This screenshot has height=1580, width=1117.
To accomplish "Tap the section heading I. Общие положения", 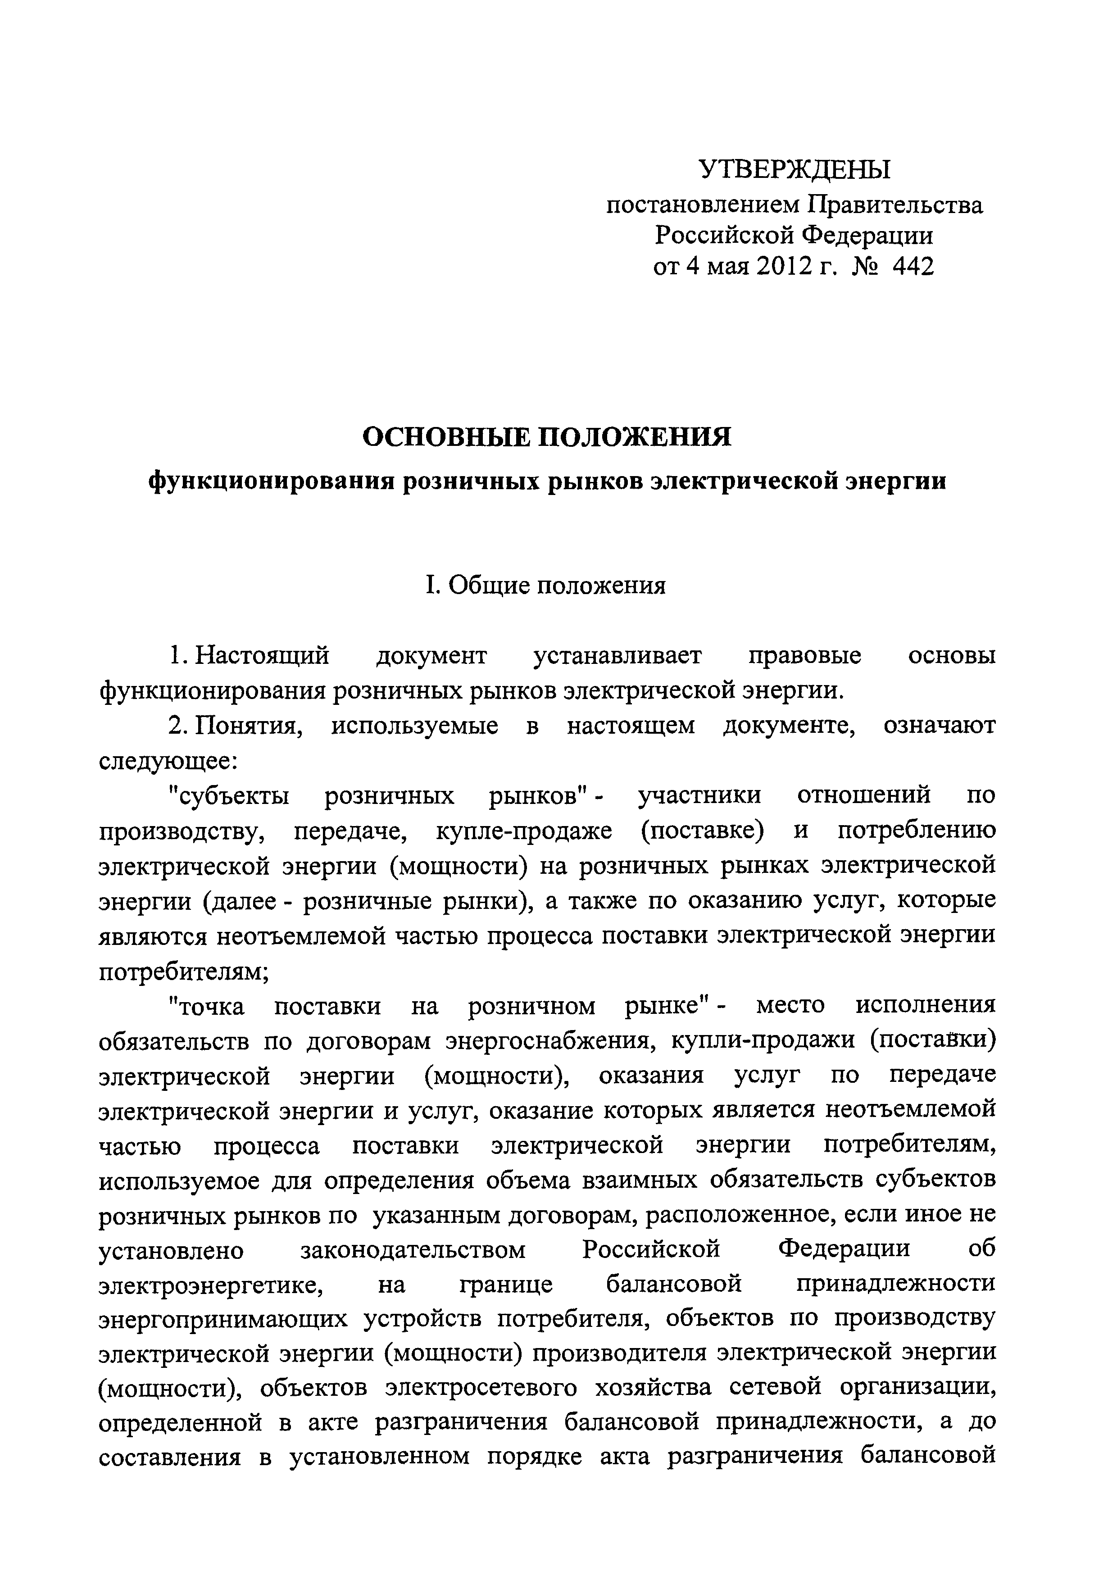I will click(x=546, y=586).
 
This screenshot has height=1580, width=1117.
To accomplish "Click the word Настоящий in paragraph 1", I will click(x=262, y=656).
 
